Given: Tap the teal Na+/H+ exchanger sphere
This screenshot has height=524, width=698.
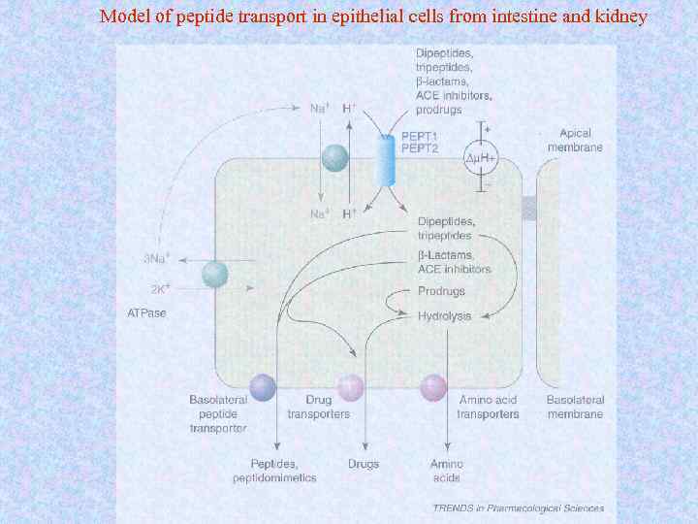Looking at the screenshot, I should click(334, 159).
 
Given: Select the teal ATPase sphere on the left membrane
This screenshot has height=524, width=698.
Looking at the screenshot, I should click(215, 275).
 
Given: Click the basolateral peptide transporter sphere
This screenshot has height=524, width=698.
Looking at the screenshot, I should click(263, 388).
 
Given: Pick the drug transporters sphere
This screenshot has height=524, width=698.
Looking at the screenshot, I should click(350, 388).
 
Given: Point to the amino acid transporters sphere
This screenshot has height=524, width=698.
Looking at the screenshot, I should click(433, 388).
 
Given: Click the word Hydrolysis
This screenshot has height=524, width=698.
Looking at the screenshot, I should click(444, 316).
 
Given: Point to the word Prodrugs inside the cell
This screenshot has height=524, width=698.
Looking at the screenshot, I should click(441, 291).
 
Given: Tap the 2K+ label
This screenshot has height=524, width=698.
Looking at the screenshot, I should click(158, 288).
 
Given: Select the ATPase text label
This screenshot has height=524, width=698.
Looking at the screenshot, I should click(147, 313).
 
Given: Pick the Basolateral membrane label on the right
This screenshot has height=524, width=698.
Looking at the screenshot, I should click(575, 407).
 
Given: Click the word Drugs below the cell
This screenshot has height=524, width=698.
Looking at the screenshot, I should click(363, 464).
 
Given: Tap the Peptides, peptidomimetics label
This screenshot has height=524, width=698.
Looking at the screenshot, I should click(273, 471).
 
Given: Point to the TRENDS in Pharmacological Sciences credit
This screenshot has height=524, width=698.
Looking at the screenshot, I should click(519, 508).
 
